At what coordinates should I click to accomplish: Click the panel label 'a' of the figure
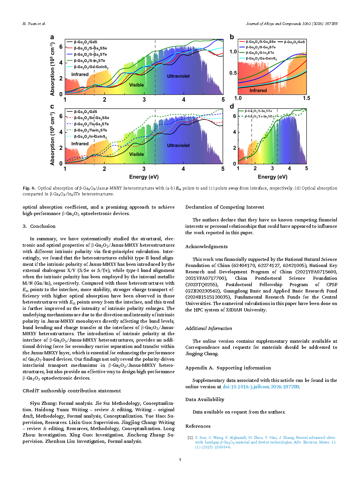coord(52,37)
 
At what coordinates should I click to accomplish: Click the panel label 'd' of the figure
coord(232,107)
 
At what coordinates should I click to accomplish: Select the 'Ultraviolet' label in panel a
coord(178,76)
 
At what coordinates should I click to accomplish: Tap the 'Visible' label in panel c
coord(136,154)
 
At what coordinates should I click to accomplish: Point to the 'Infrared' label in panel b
coord(258,90)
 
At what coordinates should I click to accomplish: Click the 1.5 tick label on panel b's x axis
coord(306,98)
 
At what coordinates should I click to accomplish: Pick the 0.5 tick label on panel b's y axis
coord(233,73)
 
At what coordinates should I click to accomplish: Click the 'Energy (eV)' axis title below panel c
coord(144,177)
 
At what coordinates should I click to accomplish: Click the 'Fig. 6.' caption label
coord(29,188)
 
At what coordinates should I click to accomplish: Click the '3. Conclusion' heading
coord(39,226)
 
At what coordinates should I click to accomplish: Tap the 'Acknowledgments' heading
coord(206,246)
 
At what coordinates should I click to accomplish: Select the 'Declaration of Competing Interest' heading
coord(225,207)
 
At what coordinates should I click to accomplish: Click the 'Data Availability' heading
coord(205,399)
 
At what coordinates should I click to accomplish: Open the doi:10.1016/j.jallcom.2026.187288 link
coord(261,387)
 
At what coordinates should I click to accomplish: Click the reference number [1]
coord(190,437)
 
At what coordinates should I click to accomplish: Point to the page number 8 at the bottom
coord(180,459)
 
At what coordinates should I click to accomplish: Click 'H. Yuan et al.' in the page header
coord(34,24)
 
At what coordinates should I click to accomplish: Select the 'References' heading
coord(198,426)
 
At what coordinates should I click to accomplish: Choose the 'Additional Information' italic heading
coord(209,328)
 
